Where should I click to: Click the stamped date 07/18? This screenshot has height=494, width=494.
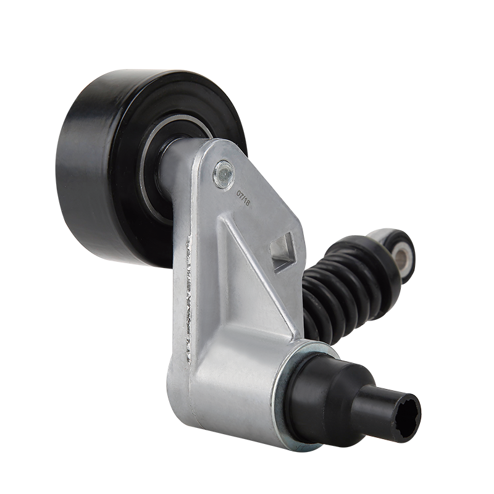(x=243, y=197)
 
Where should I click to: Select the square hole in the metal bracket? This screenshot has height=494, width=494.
(x=282, y=251)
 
